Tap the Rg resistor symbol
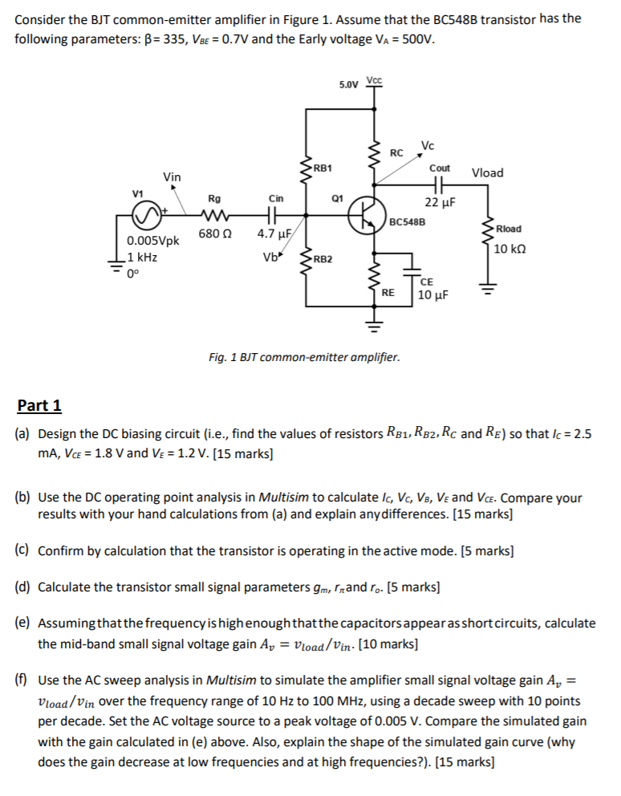(x=214, y=214)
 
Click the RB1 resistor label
(x=323, y=168)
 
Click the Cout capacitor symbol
(x=440, y=185)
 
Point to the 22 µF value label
(x=440, y=202)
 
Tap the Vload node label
(x=488, y=173)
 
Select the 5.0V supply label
(x=349, y=84)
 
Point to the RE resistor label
(x=388, y=293)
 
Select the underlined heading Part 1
(x=39, y=405)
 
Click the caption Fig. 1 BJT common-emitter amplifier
(x=303, y=356)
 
